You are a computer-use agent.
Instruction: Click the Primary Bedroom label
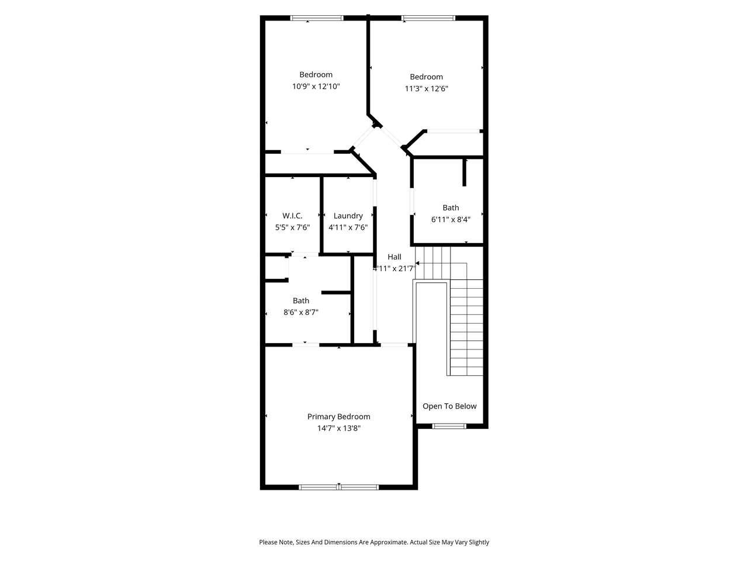click(x=339, y=417)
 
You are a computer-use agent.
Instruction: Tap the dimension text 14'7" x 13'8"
click(x=339, y=428)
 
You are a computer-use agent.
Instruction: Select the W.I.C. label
click(x=292, y=216)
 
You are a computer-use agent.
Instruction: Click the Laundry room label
click(x=348, y=216)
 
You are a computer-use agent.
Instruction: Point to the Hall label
click(x=394, y=257)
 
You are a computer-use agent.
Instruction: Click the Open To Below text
click(x=449, y=406)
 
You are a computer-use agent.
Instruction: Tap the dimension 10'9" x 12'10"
click(x=316, y=86)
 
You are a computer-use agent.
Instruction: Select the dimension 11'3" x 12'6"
click(x=426, y=89)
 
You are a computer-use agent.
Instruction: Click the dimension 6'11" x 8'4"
click(x=451, y=220)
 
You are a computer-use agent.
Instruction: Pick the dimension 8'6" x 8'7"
click(x=301, y=313)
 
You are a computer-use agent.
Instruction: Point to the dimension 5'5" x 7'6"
click(x=292, y=227)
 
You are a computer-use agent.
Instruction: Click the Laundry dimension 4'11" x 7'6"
click(x=348, y=227)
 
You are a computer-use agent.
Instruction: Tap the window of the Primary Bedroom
click(x=339, y=487)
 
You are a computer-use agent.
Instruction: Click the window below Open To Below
click(x=449, y=426)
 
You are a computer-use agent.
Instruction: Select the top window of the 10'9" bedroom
click(x=317, y=18)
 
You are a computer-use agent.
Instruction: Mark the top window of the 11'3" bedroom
click(x=428, y=18)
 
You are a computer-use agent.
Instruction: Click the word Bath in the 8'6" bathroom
click(x=301, y=301)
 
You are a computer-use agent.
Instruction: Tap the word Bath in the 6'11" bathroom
click(x=451, y=207)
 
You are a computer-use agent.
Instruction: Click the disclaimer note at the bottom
click(x=374, y=542)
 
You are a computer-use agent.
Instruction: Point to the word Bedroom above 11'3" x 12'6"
click(x=426, y=77)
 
